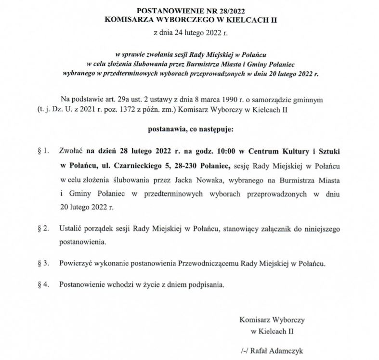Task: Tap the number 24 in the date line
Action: [181, 33]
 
